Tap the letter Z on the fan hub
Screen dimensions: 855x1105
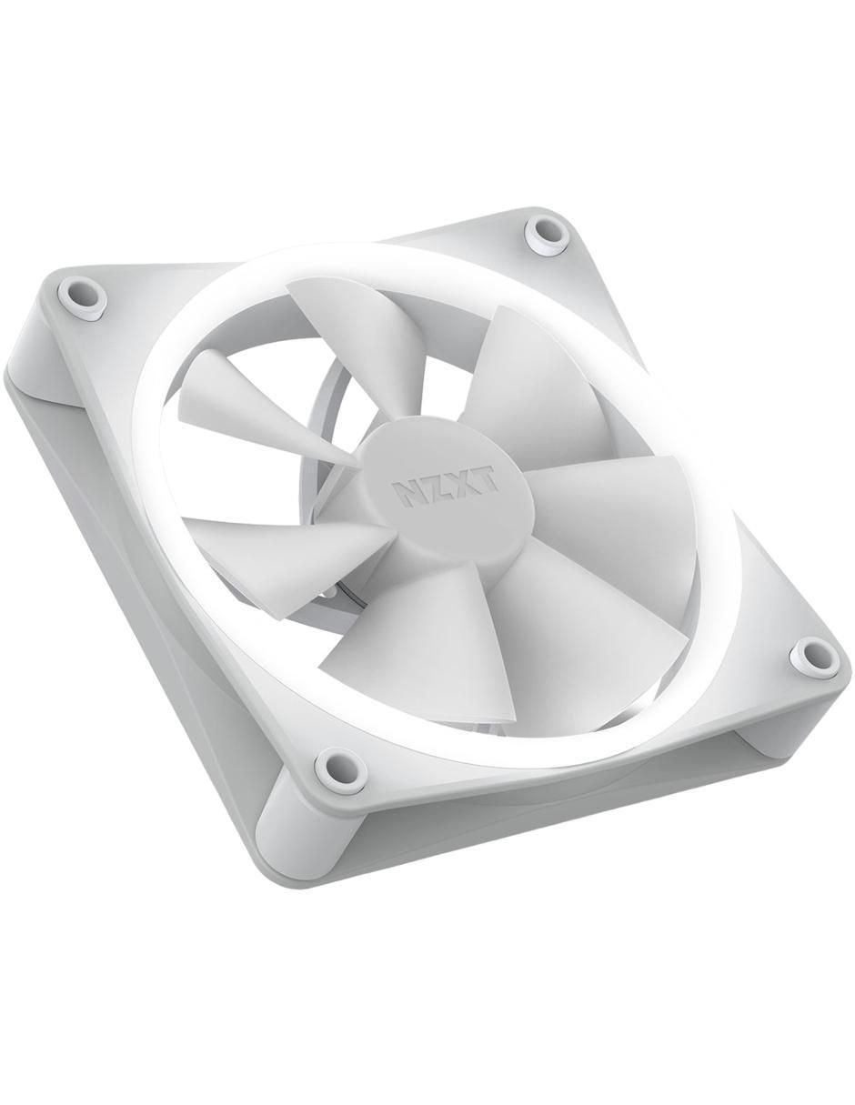[433, 489]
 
